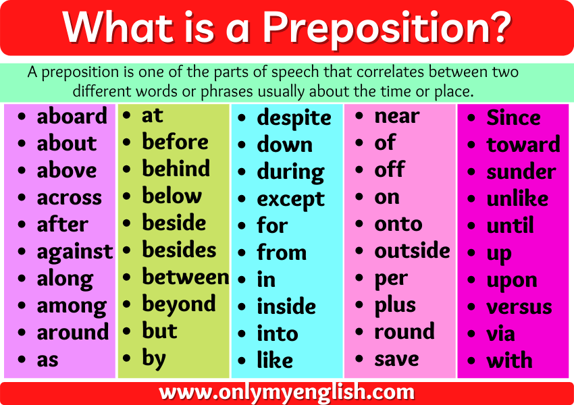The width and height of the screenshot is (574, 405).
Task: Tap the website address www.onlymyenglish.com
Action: coord(287,392)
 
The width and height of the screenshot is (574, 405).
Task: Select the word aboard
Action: coord(72,116)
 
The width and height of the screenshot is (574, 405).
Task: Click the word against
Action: coord(74,252)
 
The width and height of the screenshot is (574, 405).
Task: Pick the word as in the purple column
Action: coord(47,360)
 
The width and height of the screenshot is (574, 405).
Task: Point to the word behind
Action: coord(176,169)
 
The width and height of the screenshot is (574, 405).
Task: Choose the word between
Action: coord(185,277)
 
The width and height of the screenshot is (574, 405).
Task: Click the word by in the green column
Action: coord(153,358)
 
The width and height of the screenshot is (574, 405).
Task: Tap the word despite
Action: coord(294,118)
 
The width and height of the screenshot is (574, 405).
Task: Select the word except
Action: coord(290,199)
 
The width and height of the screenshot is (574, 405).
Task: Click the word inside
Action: coord(286,306)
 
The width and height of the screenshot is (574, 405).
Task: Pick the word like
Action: coord(274,360)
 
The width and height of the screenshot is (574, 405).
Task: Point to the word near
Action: coord(396,116)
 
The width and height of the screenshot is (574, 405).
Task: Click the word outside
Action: coord(412,250)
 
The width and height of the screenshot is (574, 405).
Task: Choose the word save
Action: coord(396,358)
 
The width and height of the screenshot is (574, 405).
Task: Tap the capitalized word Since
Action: coord(513,117)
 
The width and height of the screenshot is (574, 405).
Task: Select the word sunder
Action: coord(521,171)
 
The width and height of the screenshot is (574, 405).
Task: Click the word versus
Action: coord(519,306)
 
